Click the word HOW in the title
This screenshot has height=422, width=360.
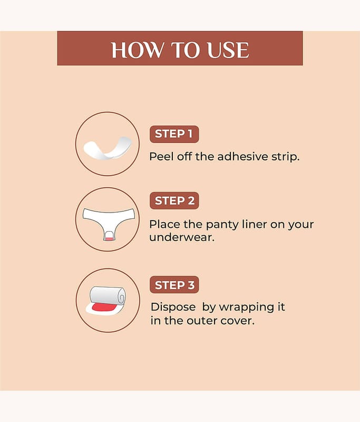(x=137, y=50)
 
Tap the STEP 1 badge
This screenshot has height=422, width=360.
(x=174, y=134)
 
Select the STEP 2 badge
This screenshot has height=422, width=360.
(x=174, y=200)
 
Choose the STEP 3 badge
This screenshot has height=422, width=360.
(x=174, y=285)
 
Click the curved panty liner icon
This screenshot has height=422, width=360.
(x=107, y=148)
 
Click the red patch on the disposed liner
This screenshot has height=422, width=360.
(x=103, y=307)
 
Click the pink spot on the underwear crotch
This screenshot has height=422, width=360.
(x=109, y=239)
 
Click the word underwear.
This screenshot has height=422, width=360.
(x=182, y=238)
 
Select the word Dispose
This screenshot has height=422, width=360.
(x=173, y=308)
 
